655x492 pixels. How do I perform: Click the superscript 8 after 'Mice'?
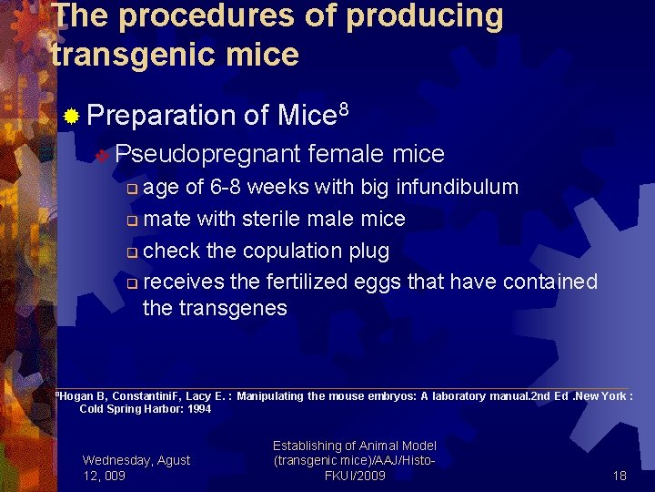point(343,109)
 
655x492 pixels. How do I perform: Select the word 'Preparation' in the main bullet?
point(162,116)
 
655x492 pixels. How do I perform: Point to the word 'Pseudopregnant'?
point(208,154)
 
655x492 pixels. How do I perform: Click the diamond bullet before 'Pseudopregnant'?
point(103,155)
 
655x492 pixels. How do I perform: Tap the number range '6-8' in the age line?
point(226,188)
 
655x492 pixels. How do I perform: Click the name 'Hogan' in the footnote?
point(73,395)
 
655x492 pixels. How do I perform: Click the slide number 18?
point(620,476)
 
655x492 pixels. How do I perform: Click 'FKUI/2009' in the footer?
point(355,476)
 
